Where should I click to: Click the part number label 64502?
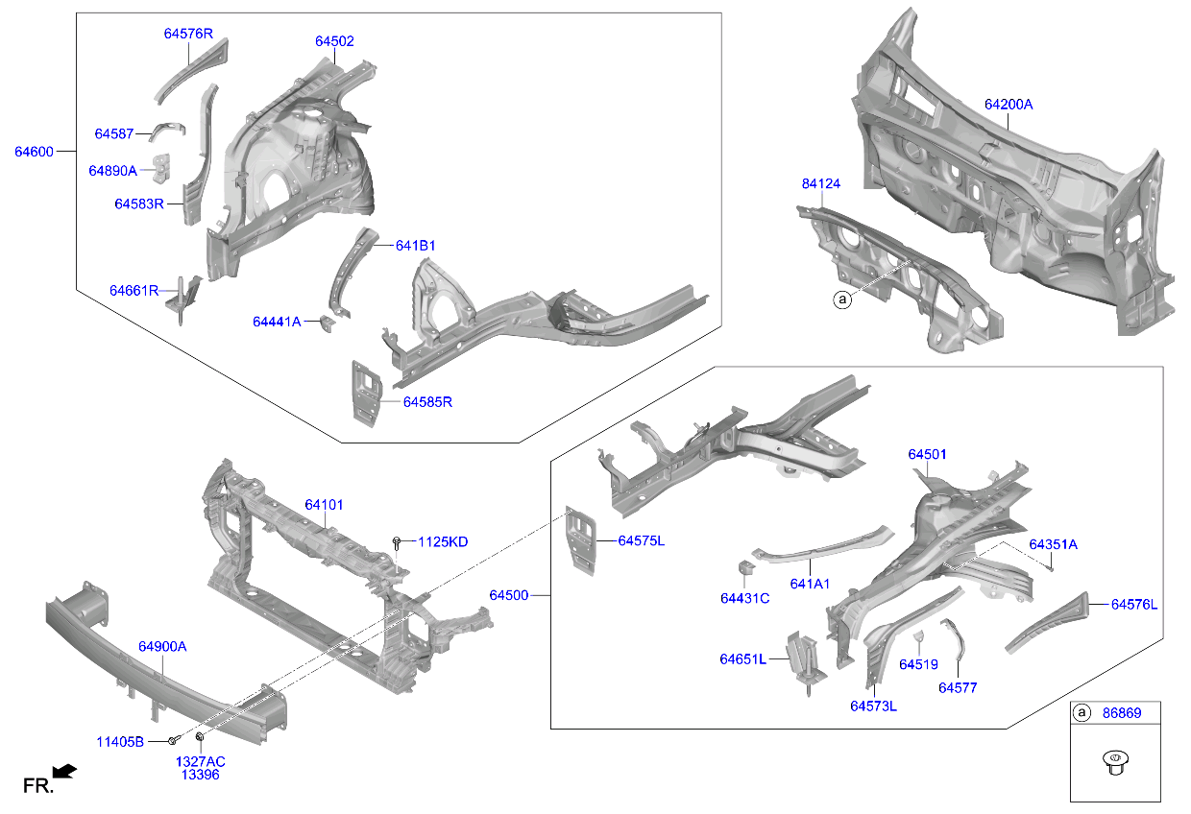334,41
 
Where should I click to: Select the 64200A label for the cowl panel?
1008,104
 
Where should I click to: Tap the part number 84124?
821,183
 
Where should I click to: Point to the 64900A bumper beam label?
162,647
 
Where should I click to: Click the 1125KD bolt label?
442,542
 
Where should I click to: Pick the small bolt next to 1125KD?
397,543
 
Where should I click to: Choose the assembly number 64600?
34,151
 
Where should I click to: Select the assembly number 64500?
509,596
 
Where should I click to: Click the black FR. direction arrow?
64,771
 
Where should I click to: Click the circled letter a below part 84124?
842,300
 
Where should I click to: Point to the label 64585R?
427,402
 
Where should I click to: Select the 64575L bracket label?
641,541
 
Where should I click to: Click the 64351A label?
1053,544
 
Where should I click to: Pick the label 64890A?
113,170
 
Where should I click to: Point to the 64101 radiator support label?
325,505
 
